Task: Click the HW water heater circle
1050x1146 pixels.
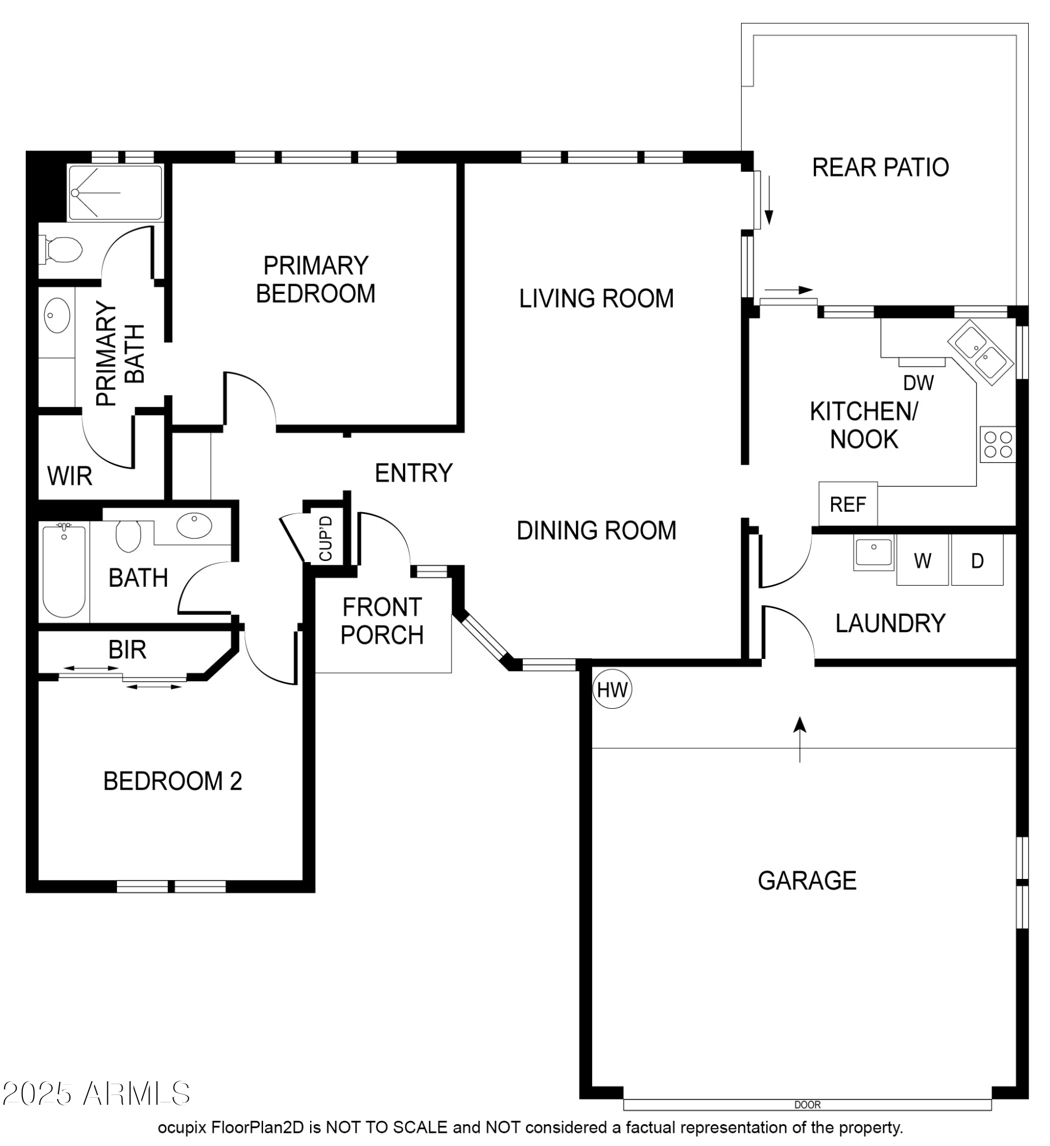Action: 612,689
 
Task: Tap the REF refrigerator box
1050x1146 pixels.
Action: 848,504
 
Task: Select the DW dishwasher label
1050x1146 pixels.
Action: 918,383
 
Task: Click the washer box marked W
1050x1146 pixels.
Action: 922,560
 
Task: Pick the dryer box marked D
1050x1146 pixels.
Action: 977,560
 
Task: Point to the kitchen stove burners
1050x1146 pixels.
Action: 997,444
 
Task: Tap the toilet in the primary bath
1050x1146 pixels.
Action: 61,250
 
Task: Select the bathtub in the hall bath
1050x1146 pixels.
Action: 64,571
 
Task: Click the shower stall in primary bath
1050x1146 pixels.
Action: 115,193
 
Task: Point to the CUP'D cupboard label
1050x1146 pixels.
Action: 326,538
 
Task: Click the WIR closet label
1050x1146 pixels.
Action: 69,476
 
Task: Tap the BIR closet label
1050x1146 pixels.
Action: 127,649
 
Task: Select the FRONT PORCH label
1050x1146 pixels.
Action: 382,621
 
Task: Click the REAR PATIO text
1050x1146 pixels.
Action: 880,167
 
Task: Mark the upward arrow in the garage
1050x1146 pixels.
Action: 800,739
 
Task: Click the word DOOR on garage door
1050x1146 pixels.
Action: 808,1104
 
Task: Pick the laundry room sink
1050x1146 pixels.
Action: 873,552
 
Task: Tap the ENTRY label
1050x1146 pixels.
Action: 413,473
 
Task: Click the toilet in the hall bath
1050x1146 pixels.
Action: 128,536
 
